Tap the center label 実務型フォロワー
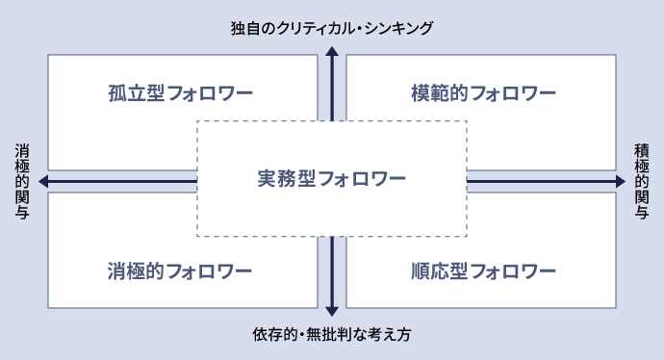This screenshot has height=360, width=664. pyautogui.click(x=332, y=179)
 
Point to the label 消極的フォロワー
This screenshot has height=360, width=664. pyautogui.click(x=181, y=270)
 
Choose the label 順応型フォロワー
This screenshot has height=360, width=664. pyautogui.click(x=482, y=270)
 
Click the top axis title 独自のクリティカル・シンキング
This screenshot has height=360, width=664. pyautogui.click(x=332, y=27)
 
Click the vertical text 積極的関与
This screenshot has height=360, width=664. pyautogui.click(x=642, y=181)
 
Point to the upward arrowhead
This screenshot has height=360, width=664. pyautogui.click(x=332, y=53)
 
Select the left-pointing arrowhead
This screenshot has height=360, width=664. pyautogui.click(x=43, y=181)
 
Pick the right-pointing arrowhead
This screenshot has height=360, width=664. pyautogui.click(x=620, y=181)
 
